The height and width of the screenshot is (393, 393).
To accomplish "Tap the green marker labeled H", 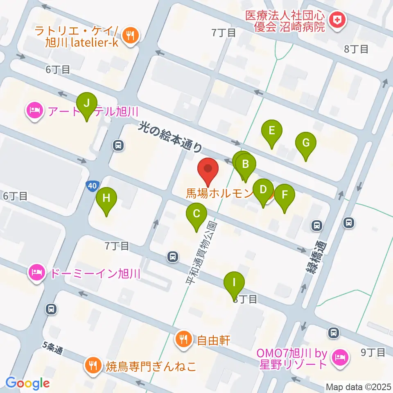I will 106,199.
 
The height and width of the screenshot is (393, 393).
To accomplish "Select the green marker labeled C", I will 196,214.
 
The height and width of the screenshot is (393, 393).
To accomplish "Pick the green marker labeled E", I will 272,131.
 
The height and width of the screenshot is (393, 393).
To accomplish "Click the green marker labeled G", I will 306,144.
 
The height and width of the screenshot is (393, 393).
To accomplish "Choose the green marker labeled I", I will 234,283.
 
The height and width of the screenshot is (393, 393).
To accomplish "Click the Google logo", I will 27,383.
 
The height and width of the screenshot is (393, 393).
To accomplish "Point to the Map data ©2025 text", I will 357,386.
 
